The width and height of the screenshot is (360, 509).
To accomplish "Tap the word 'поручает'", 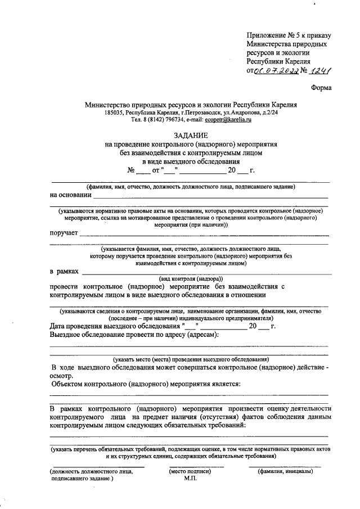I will click(x=64, y=232).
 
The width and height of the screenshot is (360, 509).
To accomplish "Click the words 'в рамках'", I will click(x=65, y=271).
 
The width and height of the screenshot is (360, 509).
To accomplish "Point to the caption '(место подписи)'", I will click(x=190, y=471).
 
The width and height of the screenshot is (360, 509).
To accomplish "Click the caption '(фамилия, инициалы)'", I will click(x=286, y=471).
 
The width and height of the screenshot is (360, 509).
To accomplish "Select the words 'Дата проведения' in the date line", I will click(x=78, y=326).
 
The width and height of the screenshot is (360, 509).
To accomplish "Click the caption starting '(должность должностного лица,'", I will click(x=91, y=471).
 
